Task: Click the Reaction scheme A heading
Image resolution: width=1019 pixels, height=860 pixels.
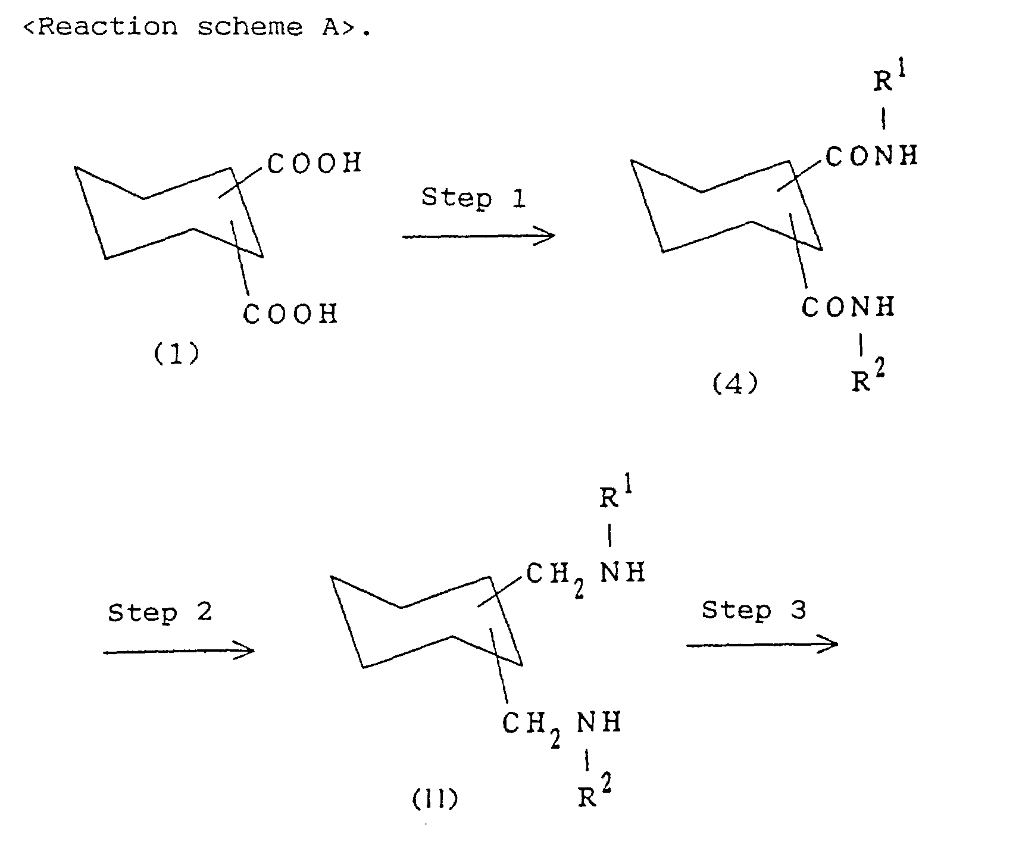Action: [196, 27]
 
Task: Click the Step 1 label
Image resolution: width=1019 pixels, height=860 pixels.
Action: [474, 198]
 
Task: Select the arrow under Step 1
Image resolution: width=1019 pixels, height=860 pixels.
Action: [479, 236]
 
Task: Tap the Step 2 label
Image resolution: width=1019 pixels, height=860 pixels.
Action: [160, 612]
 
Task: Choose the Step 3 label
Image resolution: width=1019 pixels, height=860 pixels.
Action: [754, 609]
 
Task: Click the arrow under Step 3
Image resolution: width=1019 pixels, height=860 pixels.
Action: [762, 644]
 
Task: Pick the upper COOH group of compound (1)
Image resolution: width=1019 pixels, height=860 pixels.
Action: [315, 163]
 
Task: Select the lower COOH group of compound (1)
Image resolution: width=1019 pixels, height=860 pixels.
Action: [290, 314]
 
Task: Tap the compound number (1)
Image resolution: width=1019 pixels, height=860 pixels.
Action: [177, 355]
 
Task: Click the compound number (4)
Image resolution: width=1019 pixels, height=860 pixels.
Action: [735, 384]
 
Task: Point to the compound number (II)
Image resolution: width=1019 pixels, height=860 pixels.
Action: [435, 800]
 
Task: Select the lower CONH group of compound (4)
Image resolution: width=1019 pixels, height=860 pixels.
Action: [848, 307]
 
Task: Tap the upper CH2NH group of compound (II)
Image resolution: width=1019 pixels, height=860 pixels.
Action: [586, 576]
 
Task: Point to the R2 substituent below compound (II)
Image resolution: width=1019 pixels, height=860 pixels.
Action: [595, 793]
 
